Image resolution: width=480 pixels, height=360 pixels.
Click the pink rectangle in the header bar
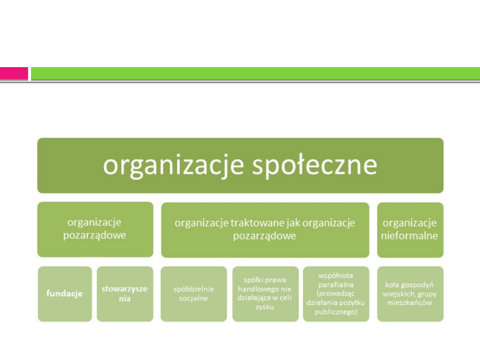[x=14, y=73]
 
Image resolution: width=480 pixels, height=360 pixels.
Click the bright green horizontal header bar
[x=256, y=73]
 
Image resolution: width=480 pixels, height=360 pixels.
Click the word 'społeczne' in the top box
[x=315, y=166]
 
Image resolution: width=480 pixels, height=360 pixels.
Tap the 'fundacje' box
[x=65, y=294]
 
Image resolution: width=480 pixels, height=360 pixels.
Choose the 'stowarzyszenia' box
[x=125, y=294]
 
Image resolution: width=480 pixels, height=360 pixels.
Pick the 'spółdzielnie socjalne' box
[x=194, y=294]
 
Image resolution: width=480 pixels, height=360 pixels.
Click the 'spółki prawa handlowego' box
[x=265, y=294]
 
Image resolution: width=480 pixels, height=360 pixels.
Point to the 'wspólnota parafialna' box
[x=336, y=294]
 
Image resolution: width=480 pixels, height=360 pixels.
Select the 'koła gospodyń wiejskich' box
[x=410, y=294]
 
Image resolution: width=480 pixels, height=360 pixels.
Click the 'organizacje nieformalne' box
[x=410, y=230]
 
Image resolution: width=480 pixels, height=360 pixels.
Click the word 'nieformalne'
[x=409, y=236]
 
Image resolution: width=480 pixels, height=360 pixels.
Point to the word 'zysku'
[x=265, y=307]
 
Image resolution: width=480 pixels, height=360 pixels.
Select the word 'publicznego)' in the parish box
[x=336, y=312]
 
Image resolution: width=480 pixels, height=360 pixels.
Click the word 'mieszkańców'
[x=409, y=303]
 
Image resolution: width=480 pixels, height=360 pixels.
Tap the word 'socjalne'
[x=193, y=298]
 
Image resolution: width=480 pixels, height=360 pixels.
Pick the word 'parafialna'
[x=336, y=285]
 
